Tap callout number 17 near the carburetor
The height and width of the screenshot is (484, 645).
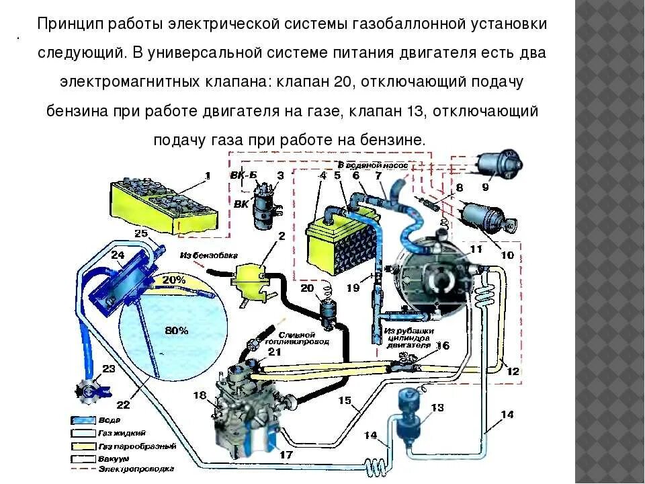click(287, 455)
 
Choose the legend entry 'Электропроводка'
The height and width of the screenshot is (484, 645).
click(136, 468)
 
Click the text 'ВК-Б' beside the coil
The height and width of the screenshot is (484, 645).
click(243, 175)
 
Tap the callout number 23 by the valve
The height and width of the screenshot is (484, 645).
click(109, 368)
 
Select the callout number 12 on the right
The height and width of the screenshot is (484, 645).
click(513, 371)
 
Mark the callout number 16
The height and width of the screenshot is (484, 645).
click(443, 346)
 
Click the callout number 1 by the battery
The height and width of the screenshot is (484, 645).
click(207, 175)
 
